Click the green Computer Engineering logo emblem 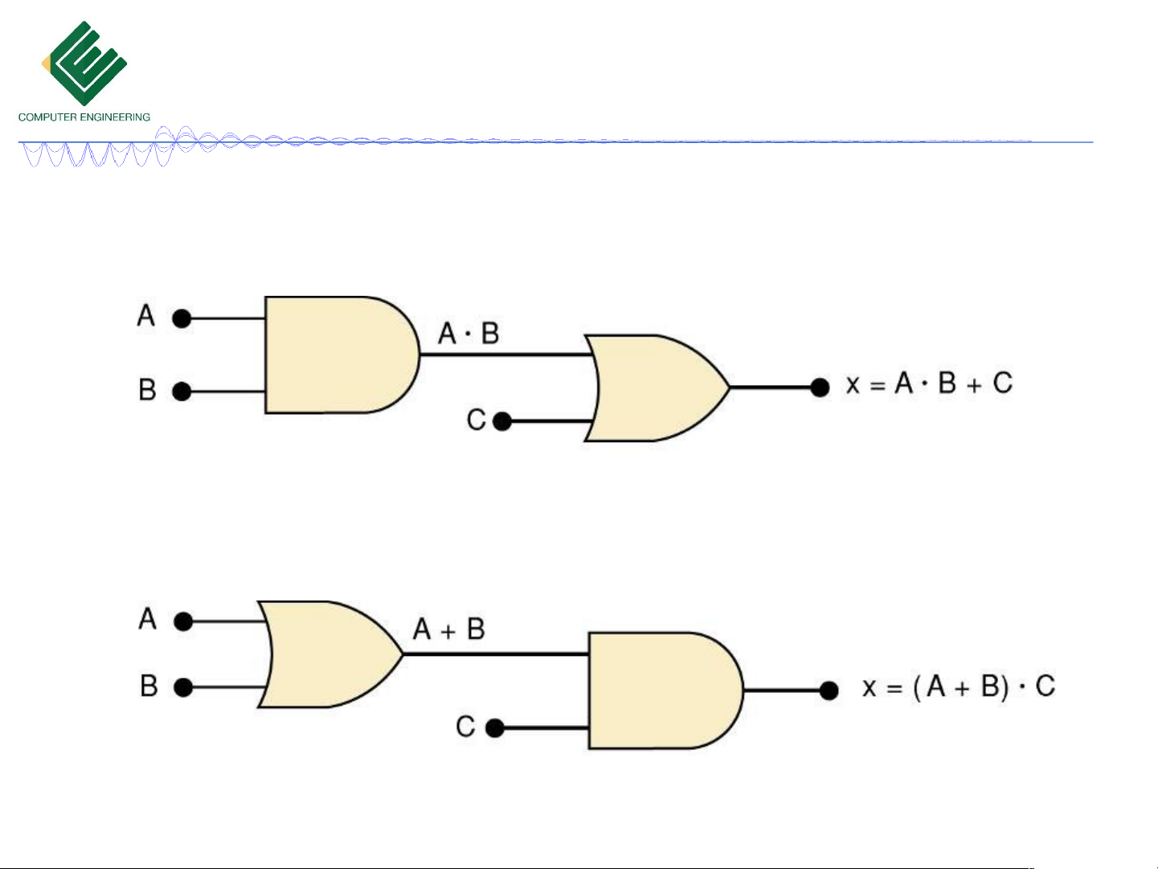coord(84,63)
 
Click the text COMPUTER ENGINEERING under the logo coord(84,117)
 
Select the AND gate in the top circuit coord(342,355)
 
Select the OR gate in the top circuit coord(657,387)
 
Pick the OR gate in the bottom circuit coord(330,654)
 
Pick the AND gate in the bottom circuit coord(665,690)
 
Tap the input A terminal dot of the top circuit coord(182,318)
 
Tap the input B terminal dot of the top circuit coord(182,391)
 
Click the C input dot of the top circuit coord(502,421)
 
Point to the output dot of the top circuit coord(820,387)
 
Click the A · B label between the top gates coord(469,334)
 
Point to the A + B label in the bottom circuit coord(449,629)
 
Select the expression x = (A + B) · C coord(959,687)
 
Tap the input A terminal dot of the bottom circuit coord(183,621)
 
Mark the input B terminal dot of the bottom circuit coord(183,687)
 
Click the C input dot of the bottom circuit coord(495,728)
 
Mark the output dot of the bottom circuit coord(829,690)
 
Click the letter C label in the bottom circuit coord(465,727)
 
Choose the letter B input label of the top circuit coord(147,389)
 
